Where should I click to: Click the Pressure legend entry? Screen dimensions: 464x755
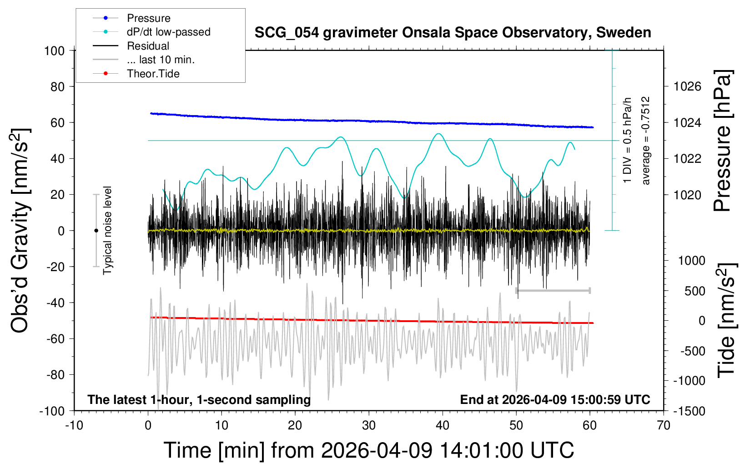click(148, 18)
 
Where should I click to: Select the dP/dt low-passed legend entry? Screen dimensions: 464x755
click(168, 32)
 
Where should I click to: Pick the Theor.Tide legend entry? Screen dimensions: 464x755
click(153, 74)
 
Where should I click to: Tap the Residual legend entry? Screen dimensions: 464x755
click(148, 46)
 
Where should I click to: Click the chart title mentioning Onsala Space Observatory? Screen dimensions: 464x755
click(453, 33)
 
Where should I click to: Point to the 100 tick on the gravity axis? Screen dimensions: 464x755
click(55, 50)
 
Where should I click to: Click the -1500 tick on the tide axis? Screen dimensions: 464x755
click(689, 411)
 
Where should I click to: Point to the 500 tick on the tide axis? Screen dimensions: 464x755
click(695, 291)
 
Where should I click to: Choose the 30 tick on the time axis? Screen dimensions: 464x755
click(369, 425)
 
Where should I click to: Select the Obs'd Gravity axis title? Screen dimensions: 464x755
click(20, 231)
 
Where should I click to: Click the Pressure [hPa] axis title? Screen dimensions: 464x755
click(722, 141)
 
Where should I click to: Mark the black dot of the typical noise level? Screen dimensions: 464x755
click(96, 231)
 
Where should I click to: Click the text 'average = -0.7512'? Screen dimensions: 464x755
click(645, 141)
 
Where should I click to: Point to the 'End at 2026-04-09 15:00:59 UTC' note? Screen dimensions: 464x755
click(555, 400)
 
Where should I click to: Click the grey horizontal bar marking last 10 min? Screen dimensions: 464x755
click(553, 290)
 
